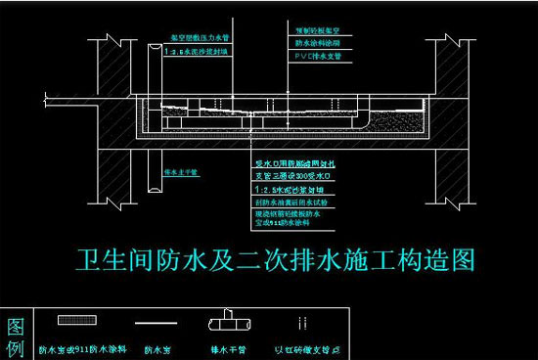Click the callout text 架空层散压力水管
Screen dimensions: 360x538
tap(199, 33)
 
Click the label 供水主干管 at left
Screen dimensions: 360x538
tap(182, 172)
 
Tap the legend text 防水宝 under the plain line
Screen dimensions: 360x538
tap(158, 345)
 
